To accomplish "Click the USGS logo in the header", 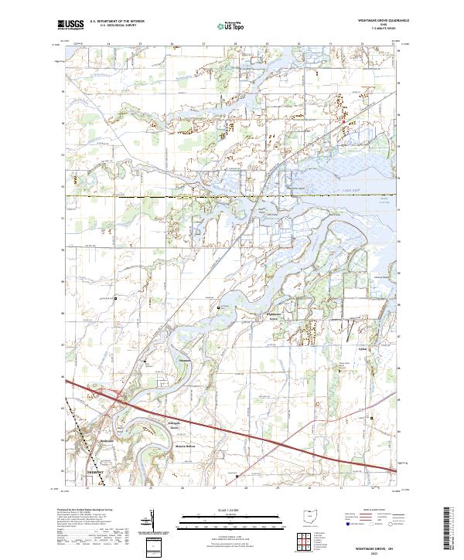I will [70, 25].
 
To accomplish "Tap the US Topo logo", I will [226, 26].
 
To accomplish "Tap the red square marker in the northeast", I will [344, 120].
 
